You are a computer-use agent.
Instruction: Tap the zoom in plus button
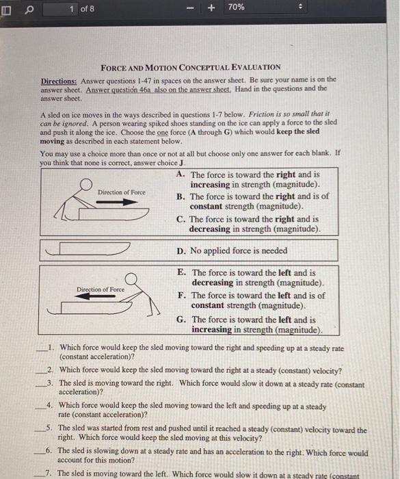click(x=211, y=9)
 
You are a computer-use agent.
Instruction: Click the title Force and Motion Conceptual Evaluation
click(x=191, y=67)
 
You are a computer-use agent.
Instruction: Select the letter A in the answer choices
click(x=180, y=174)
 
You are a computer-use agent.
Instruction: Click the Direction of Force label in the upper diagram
click(x=121, y=192)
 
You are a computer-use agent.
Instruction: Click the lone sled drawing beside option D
click(x=85, y=251)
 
